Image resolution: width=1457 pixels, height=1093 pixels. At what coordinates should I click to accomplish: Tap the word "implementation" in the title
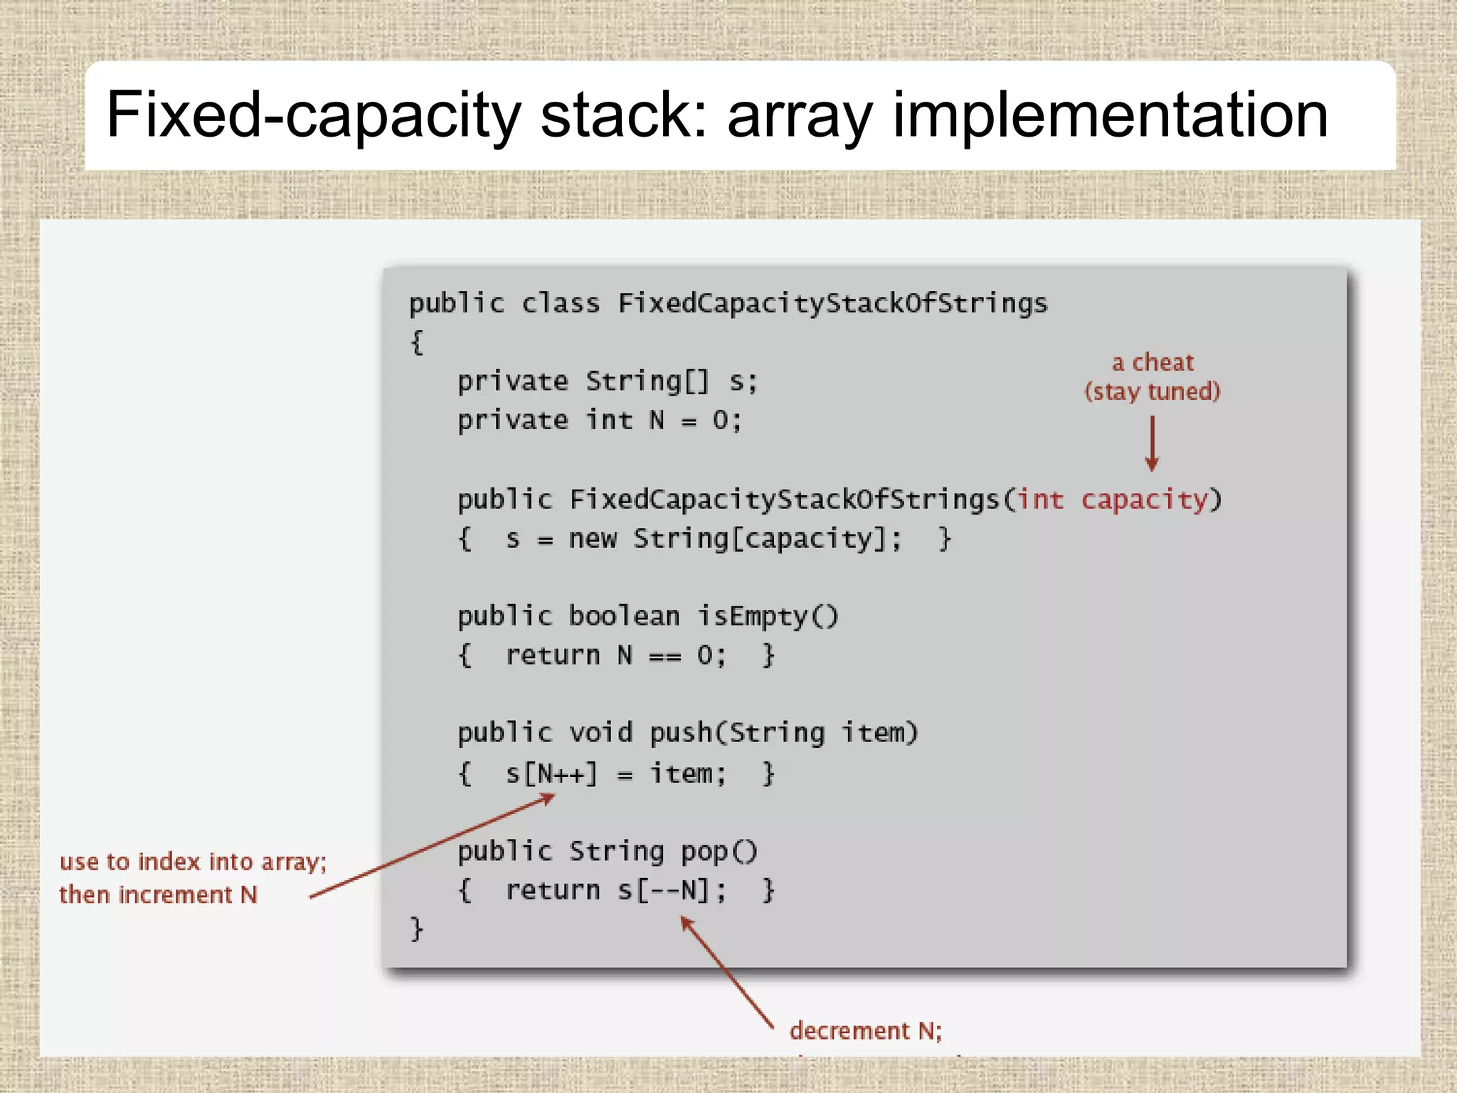coord(1110,115)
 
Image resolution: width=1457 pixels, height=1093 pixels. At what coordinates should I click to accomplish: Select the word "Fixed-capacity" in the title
coord(313,115)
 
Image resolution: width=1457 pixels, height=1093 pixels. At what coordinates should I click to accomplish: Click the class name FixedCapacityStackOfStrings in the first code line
coord(832,304)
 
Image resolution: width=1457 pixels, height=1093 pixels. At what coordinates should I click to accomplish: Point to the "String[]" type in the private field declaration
coord(647,382)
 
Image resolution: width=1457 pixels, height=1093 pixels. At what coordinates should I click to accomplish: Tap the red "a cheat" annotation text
coord(1153,362)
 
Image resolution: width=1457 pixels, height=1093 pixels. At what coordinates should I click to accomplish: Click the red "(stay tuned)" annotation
coord(1153,391)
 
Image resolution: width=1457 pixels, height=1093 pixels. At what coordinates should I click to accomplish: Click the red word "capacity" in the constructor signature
coord(1144,500)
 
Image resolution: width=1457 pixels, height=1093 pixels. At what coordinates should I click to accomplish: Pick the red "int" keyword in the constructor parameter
coord(1040,500)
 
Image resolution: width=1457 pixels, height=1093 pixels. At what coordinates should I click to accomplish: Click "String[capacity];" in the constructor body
coord(767,539)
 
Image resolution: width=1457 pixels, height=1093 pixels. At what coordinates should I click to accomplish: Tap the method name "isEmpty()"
coord(767,616)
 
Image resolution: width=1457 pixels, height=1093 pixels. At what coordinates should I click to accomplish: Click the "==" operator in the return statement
coord(664,656)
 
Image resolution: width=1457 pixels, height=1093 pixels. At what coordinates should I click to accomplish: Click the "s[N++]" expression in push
coord(551,773)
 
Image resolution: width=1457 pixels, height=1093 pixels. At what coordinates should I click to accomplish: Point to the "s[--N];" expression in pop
coord(672,890)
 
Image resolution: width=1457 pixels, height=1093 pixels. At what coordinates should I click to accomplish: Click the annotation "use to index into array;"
coord(193,862)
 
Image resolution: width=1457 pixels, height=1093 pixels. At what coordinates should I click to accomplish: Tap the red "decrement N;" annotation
coord(866,1030)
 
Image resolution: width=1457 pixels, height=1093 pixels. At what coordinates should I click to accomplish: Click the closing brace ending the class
coord(417,929)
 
